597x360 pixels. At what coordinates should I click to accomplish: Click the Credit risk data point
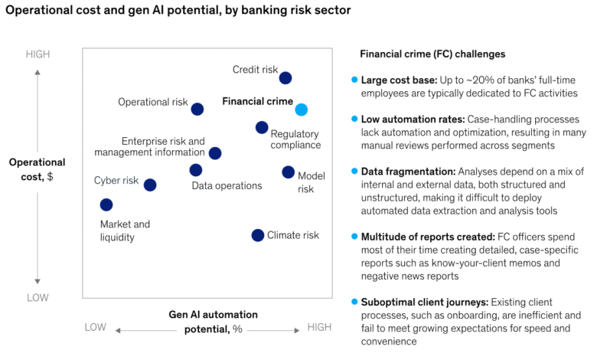pos(285,77)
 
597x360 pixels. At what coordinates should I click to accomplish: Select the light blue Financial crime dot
pos(302,110)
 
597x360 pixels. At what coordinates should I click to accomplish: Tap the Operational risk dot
pos(197,109)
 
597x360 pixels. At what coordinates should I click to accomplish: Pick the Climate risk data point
pos(258,235)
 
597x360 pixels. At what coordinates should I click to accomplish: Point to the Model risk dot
pos(288,172)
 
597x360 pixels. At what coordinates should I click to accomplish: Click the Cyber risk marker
pos(150,185)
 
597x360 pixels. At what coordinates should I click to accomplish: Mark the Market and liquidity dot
pos(106,205)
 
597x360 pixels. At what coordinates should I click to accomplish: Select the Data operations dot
pos(196,170)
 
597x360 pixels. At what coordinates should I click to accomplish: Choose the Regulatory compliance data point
pos(262,127)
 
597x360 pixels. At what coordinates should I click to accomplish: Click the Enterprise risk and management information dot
pos(215,153)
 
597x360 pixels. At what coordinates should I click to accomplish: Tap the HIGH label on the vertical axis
pos(38,54)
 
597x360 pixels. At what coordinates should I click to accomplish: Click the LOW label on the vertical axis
pos(38,297)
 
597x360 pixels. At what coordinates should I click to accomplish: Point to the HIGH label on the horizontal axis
pos(319,328)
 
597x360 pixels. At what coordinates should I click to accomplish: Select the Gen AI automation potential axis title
pos(213,322)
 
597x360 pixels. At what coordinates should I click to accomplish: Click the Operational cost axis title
pos(38,170)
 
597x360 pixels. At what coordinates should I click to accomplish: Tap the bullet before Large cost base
pos(354,79)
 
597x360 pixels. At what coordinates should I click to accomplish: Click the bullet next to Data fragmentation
pos(354,172)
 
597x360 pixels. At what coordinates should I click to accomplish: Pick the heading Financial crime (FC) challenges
pos(432,54)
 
